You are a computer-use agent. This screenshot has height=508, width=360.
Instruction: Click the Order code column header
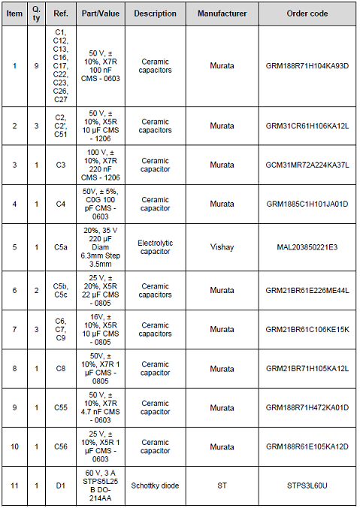pyautogui.click(x=307, y=14)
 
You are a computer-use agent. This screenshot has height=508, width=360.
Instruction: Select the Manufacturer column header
pyautogui.click(x=222, y=14)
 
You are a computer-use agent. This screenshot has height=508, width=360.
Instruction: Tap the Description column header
pyautogui.click(x=155, y=14)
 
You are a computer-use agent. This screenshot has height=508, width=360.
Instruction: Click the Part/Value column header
pyautogui.click(x=100, y=14)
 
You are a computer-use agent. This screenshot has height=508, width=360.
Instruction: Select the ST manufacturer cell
pyautogui.click(x=222, y=485)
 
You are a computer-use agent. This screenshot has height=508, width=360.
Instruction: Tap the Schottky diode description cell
pyautogui.click(x=155, y=485)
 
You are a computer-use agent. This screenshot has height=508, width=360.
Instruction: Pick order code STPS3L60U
pyautogui.click(x=307, y=485)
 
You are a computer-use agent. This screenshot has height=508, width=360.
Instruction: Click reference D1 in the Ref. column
pyautogui.click(x=61, y=485)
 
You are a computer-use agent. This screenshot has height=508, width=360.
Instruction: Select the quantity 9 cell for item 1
pyautogui.click(x=36, y=66)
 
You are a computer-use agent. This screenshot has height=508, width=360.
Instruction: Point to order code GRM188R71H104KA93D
pyautogui.click(x=307, y=66)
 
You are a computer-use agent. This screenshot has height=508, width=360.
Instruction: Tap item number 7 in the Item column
pyautogui.click(x=14, y=329)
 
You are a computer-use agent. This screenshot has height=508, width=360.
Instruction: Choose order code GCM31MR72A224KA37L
pyautogui.click(x=307, y=164)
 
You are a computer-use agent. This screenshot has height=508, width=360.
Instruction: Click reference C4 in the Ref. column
pyautogui.click(x=61, y=204)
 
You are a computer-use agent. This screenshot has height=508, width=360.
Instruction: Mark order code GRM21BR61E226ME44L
pyautogui.click(x=307, y=290)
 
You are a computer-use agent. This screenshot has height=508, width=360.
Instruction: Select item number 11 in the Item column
pyautogui.click(x=14, y=485)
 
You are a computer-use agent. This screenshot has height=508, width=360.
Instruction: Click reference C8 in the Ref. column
pyautogui.click(x=61, y=368)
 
